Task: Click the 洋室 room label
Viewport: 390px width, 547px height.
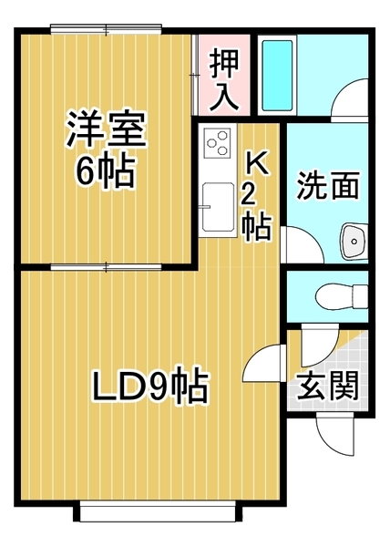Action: [105, 130]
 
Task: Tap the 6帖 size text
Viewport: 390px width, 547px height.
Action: [105, 170]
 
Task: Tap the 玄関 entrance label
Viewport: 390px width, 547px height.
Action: [327, 387]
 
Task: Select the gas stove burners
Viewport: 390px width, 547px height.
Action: [219, 142]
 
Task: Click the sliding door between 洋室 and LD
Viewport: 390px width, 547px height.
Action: [108, 266]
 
